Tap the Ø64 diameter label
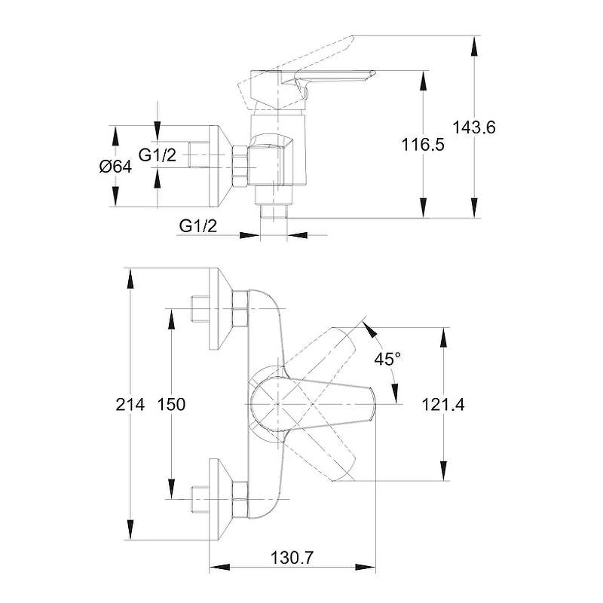click(x=115, y=167)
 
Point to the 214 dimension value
click(x=130, y=405)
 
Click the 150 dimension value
click(x=171, y=405)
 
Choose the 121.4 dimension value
click(x=444, y=405)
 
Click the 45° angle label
click(x=387, y=360)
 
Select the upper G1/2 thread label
click(x=158, y=155)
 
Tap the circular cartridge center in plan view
click(x=277, y=404)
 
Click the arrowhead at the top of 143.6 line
click(x=474, y=42)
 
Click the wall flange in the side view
click(x=219, y=166)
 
